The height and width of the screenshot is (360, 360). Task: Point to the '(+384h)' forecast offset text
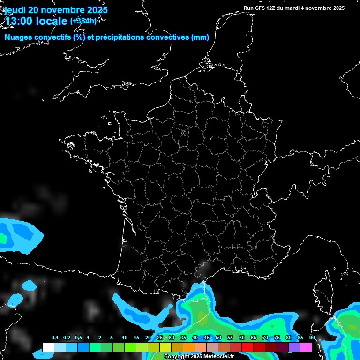[83, 21]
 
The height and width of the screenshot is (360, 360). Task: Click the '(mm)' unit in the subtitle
[200, 37]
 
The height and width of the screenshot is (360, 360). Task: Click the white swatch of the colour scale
[48, 347]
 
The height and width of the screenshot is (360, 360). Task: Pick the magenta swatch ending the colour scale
[306, 347]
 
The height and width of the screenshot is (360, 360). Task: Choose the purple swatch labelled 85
[294, 347]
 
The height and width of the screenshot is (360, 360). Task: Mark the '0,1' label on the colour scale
[55, 338]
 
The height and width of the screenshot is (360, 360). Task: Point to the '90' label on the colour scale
[312, 338]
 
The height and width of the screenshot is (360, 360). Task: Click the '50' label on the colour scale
[218, 338]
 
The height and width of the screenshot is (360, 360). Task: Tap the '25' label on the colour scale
[160, 338]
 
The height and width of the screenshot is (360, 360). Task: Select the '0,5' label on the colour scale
[78, 338]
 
